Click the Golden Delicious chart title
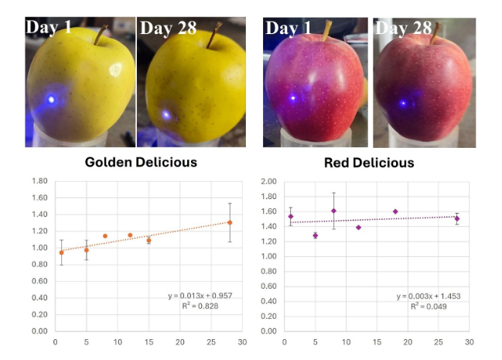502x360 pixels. tap(141, 163)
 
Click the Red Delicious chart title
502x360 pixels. tap(369, 163)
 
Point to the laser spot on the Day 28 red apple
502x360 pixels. tap(402, 102)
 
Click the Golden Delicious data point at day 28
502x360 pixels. tap(230, 222)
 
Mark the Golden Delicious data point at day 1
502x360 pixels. tap(61, 252)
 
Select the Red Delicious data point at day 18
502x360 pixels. tap(395, 211)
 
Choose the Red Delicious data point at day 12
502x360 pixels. tap(358, 227)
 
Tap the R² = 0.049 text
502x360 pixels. tap(429, 307)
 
